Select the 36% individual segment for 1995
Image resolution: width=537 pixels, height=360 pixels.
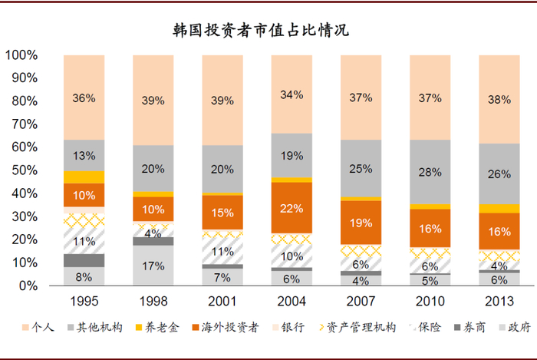[84, 97]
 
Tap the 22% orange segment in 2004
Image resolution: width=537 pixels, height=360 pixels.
[292, 207]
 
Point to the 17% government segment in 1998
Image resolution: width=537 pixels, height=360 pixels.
[153, 266]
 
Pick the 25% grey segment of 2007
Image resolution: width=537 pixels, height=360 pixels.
[361, 168]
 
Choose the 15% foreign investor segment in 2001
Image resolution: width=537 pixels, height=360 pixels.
[222, 212]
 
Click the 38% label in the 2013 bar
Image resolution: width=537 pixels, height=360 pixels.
[499, 98]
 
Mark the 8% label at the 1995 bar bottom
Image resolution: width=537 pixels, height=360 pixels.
[84, 276]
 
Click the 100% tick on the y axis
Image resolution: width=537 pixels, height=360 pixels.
[22, 55]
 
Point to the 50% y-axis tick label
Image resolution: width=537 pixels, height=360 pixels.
[25, 170]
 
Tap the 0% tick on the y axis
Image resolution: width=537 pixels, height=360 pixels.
[28, 286]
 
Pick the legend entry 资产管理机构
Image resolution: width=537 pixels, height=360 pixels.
[359, 328]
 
